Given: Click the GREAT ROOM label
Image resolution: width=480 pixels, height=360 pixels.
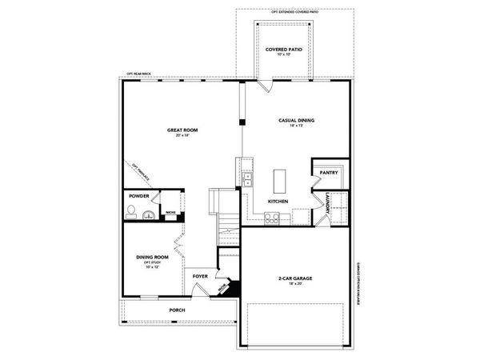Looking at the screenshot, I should pyautogui.click(x=182, y=130).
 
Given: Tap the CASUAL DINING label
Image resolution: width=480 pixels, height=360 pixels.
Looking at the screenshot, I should pyautogui.click(x=296, y=120).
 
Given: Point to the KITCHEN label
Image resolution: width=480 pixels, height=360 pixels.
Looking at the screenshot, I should pyautogui.click(x=278, y=200).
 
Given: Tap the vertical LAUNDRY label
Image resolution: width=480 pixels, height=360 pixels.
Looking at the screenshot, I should pyautogui.click(x=328, y=203).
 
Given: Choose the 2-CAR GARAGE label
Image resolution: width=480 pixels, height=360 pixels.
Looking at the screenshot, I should pyautogui.click(x=294, y=278).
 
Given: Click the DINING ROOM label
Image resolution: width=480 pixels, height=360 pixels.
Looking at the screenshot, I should pyautogui.click(x=152, y=257).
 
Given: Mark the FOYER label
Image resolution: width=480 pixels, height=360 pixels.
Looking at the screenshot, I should pyautogui.click(x=200, y=277).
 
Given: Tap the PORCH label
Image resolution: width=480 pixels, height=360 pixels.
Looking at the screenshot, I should pyautogui.click(x=178, y=310).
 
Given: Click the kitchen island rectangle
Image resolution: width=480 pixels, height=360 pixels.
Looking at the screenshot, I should pyautogui.click(x=281, y=177).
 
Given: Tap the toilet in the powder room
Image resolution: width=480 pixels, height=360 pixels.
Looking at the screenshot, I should pyautogui.click(x=130, y=211).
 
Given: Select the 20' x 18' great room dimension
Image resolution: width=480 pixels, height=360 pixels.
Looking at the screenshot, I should pyautogui.click(x=182, y=135).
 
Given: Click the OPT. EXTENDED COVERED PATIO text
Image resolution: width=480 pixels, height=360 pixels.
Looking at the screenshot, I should pyautogui.click(x=289, y=11).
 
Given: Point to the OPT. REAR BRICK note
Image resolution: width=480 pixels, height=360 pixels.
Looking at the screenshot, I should pyautogui.click(x=139, y=75).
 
